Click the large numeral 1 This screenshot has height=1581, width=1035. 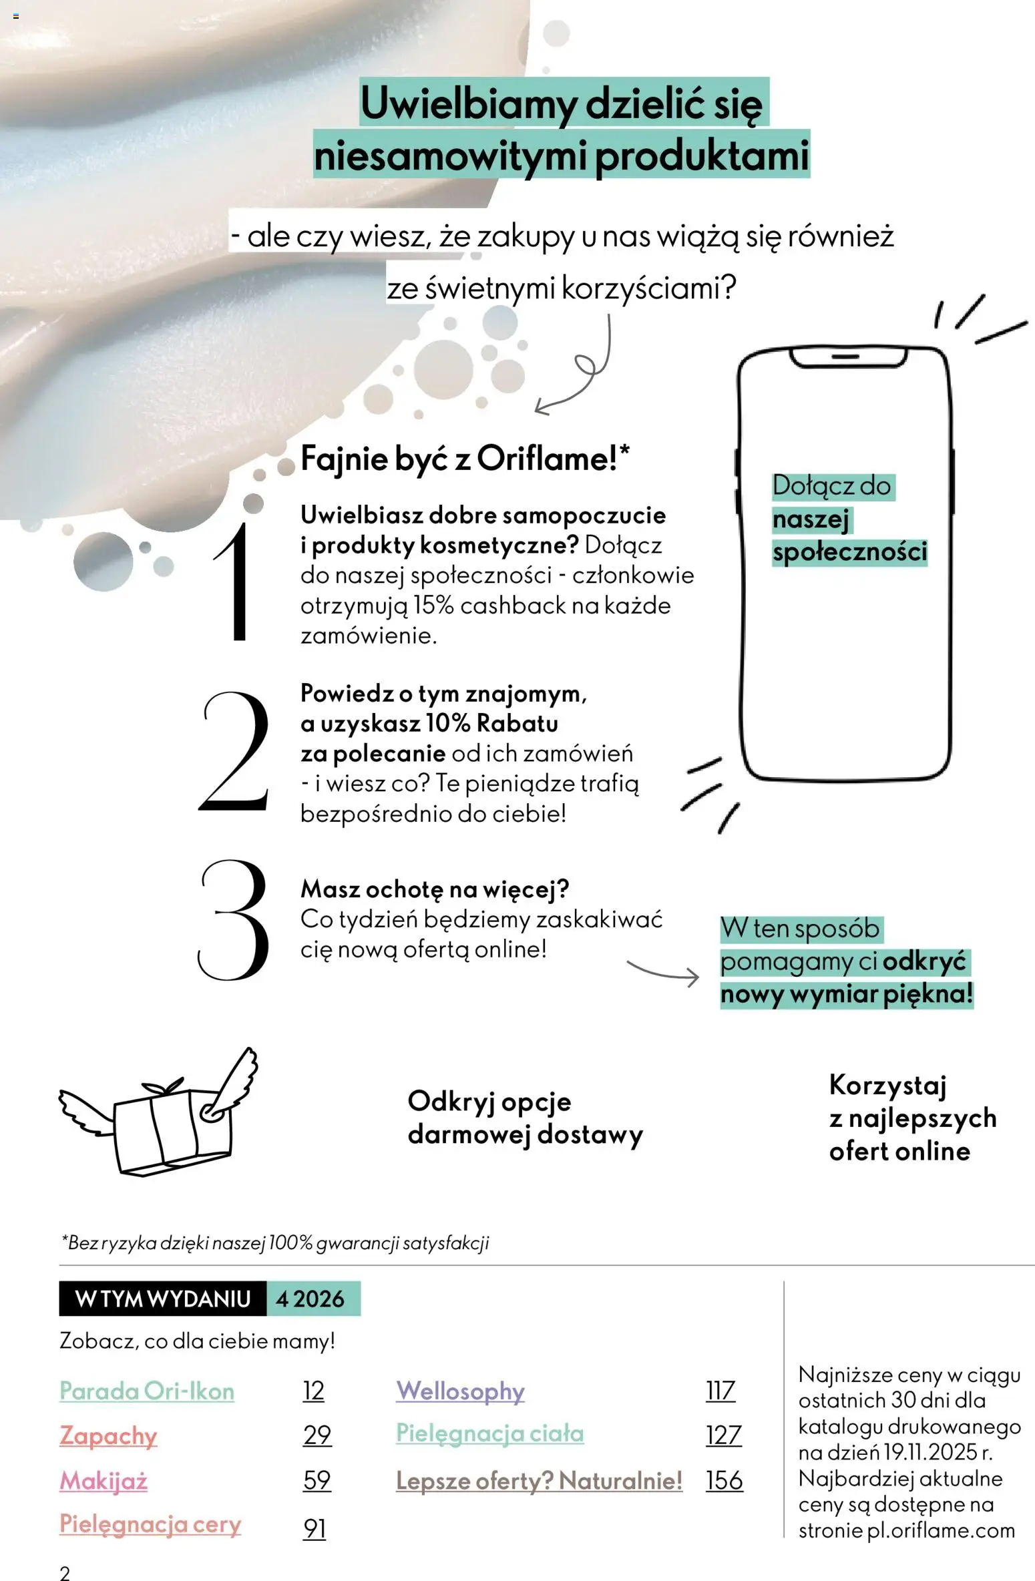[x=235, y=582]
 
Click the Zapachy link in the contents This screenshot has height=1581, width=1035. [x=108, y=1435]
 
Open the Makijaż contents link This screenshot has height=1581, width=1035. [x=103, y=1480]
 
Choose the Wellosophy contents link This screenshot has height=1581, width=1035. [x=460, y=1391]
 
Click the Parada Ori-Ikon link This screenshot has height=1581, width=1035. [x=147, y=1391]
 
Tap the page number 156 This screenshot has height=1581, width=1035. [x=724, y=1480]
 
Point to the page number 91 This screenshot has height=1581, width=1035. [x=315, y=1528]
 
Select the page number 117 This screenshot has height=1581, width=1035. [x=720, y=1391]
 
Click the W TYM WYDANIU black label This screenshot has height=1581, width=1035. [x=163, y=1299]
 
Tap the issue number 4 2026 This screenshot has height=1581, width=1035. [x=310, y=1299]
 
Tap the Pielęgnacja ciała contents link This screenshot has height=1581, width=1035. [x=489, y=1433]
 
